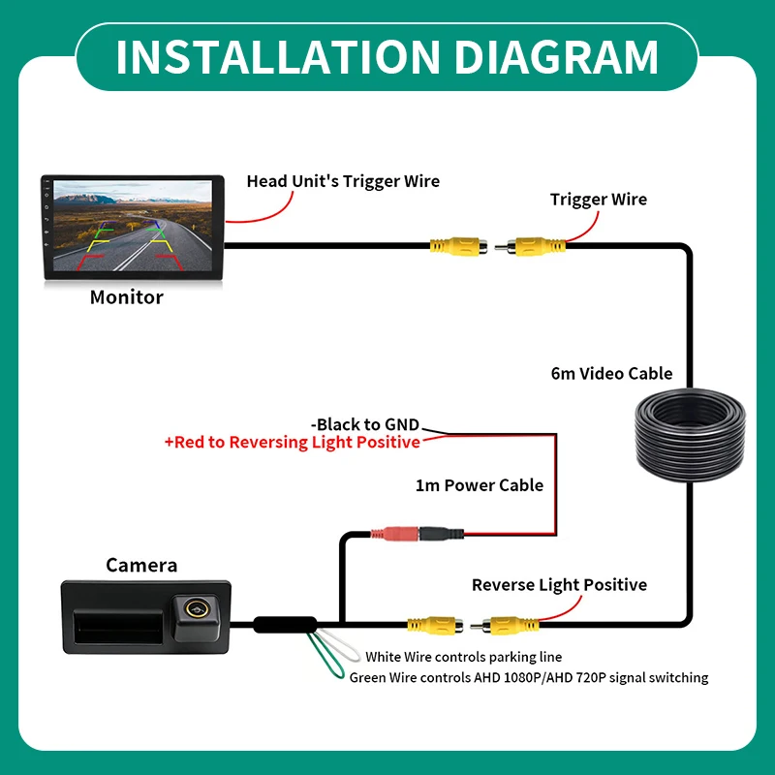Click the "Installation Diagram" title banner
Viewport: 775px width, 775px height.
point(387,57)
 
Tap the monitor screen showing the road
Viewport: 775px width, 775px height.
point(133,226)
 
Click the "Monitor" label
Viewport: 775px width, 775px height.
point(127,297)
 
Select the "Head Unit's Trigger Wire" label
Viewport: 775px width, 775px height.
point(343,181)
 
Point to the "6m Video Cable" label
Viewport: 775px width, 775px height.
point(611,373)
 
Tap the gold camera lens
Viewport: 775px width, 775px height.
point(196,609)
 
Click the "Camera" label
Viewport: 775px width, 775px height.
point(141,565)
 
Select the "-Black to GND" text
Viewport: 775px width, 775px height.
point(365,424)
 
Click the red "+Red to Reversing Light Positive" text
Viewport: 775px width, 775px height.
point(293,442)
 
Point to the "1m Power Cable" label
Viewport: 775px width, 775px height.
point(479,485)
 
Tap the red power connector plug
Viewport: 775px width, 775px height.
point(395,534)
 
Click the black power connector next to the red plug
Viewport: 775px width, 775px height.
point(442,534)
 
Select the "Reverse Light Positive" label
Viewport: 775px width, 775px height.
point(559,585)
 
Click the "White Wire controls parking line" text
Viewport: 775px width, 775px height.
point(464,657)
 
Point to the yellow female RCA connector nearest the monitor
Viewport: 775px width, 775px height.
point(458,246)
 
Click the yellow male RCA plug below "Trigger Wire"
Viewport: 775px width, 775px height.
point(530,246)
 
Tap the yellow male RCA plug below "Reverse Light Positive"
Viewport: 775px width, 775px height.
point(505,626)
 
